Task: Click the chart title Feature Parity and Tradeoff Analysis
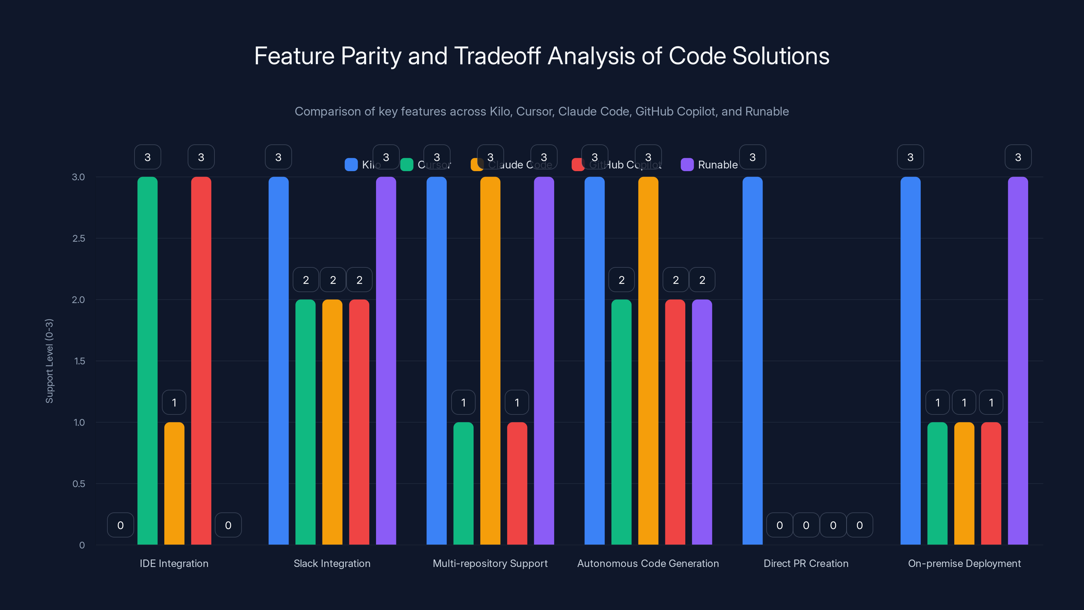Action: [x=542, y=56]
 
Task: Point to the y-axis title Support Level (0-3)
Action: [x=49, y=361]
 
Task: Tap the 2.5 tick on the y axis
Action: [x=78, y=238]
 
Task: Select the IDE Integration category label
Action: [x=174, y=563]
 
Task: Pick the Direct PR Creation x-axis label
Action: [x=806, y=563]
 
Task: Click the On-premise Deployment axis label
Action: [x=964, y=563]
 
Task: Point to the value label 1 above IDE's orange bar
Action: [x=174, y=403]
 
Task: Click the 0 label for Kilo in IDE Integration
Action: [x=120, y=525]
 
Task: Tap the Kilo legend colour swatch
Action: [x=351, y=165]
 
